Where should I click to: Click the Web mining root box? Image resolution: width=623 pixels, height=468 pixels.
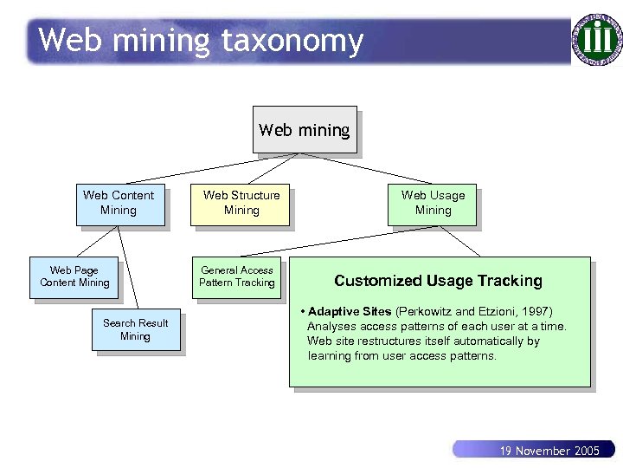click(304, 130)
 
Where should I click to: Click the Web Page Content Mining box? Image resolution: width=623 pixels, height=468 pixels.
click(74, 276)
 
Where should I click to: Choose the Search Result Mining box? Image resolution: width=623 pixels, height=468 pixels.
click(136, 329)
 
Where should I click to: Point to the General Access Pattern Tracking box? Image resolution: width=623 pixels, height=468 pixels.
click(236, 276)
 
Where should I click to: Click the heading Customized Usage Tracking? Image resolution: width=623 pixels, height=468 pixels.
click(438, 281)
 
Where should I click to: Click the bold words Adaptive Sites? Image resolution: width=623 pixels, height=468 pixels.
click(350, 311)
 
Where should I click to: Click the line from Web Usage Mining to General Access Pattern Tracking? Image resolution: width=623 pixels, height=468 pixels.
click(337, 240)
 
